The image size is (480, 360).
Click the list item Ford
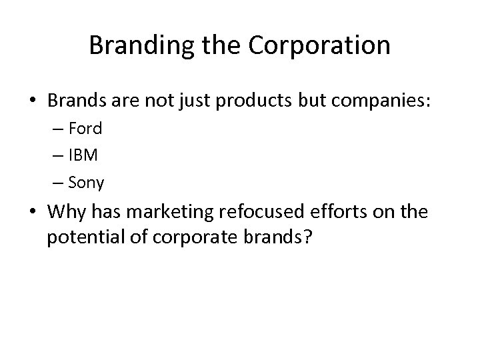point(85,128)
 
